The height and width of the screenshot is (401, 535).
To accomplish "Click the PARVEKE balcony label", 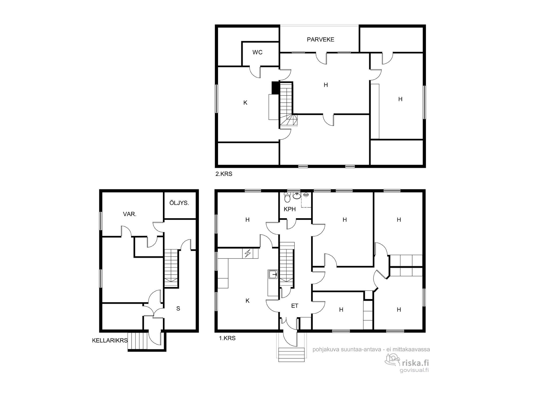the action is click(x=320, y=40).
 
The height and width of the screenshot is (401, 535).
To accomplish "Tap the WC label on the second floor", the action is click(x=257, y=52).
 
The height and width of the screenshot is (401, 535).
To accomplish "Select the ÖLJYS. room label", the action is click(x=179, y=203).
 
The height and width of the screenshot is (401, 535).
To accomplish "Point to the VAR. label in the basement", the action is click(x=130, y=214).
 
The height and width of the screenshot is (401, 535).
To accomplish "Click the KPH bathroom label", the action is click(x=290, y=209).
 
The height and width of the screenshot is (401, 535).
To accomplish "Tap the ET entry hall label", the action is click(x=295, y=306).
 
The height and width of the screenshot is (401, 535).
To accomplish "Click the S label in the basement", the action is click(x=178, y=309).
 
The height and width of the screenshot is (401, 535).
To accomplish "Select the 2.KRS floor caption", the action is click(x=224, y=174).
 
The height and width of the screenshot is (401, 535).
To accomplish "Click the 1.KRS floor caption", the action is click(x=227, y=338).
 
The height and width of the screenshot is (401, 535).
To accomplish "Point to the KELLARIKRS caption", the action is click(x=110, y=341).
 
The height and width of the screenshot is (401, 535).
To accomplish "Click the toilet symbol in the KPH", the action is click(x=287, y=197).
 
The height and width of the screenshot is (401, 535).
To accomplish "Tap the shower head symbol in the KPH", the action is click(x=306, y=195).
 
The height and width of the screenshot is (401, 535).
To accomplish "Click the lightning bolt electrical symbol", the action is click(x=248, y=253).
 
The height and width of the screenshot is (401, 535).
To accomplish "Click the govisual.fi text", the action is click(x=414, y=370).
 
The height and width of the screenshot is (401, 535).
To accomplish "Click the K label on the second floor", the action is click(x=245, y=103).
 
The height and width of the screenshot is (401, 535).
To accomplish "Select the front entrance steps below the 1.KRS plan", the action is click(x=292, y=354).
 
